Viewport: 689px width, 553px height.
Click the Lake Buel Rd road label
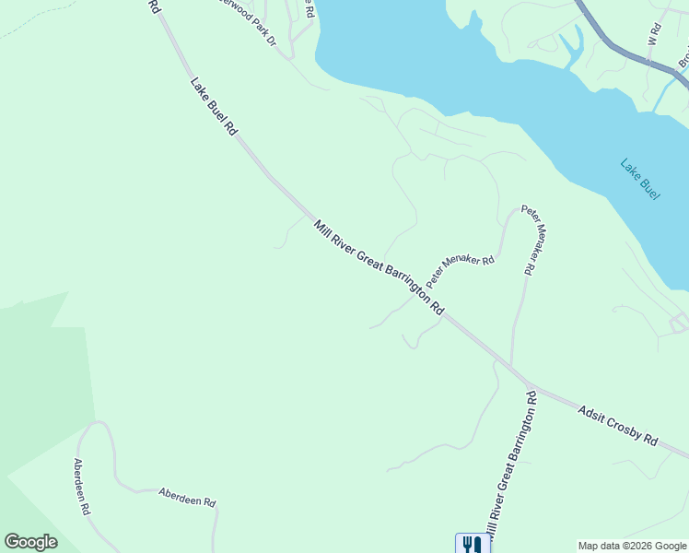[213, 108]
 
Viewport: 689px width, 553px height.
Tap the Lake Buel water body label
[639, 181]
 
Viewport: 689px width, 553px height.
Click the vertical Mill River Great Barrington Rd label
[509, 466]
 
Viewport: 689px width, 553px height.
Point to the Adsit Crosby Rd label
[618, 425]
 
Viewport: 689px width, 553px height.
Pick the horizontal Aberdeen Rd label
[186, 497]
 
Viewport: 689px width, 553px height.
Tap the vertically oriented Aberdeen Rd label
[81, 486]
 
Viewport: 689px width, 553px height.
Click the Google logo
[30, 542]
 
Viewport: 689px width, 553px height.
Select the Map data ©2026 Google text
[632, 546]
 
